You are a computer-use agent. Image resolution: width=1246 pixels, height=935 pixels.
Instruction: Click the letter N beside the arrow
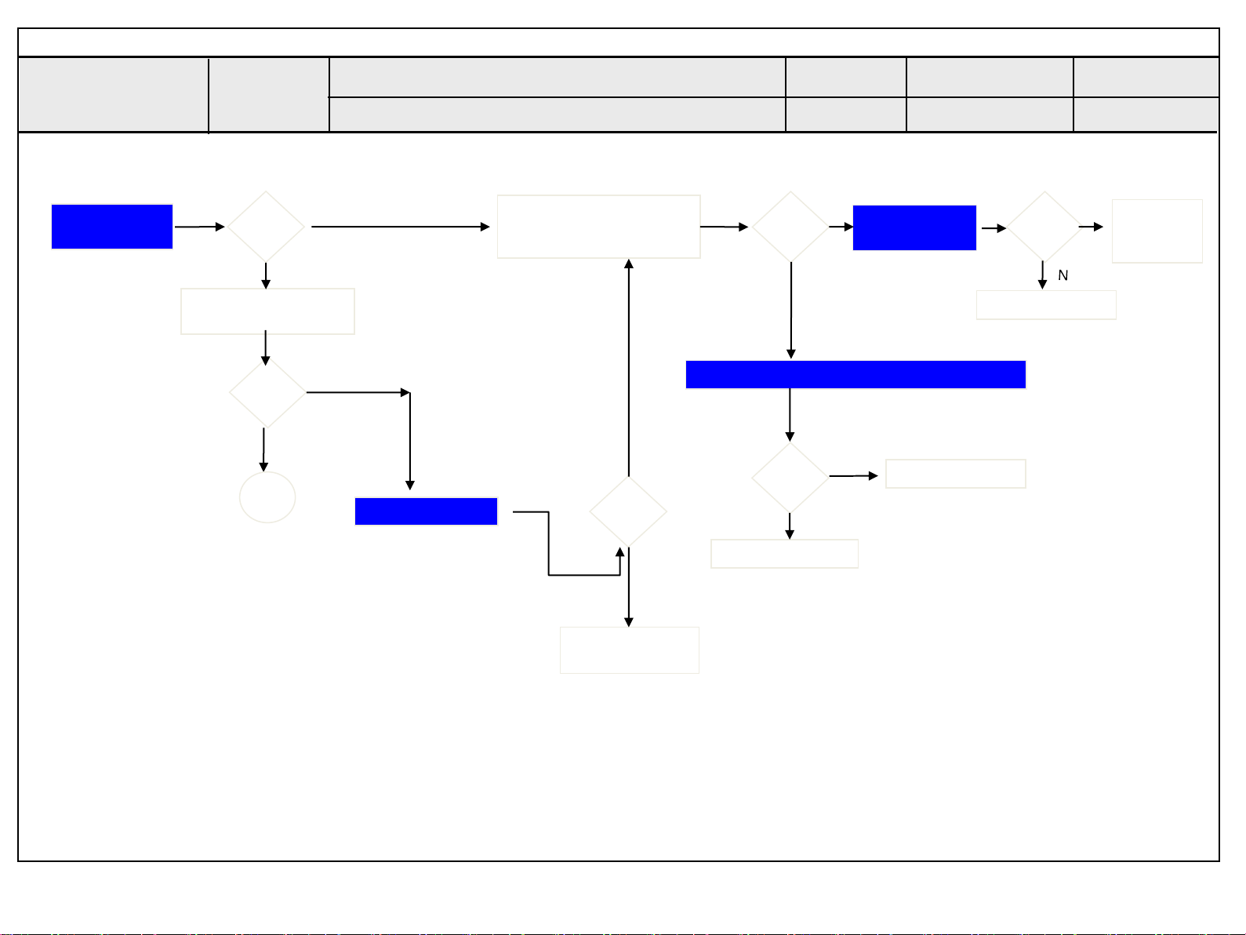[x=1063, y=275]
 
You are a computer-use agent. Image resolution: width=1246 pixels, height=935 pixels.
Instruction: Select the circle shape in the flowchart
[x=267, y=497]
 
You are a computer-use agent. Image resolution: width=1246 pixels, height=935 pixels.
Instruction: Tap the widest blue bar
[x=855, y=375]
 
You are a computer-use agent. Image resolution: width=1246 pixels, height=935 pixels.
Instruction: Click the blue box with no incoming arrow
[x=112, y=227]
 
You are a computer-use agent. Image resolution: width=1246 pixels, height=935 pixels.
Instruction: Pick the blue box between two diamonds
[x=914, y=227]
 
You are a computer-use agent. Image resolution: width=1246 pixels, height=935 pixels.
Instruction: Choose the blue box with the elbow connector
[x=426, y=511]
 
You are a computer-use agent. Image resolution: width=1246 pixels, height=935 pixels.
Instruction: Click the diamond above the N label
[x=1044, y=227]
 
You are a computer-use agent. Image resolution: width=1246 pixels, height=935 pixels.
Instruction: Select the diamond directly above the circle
[x=267, y=393]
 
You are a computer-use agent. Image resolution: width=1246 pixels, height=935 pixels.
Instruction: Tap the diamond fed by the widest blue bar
[x=790, y=477]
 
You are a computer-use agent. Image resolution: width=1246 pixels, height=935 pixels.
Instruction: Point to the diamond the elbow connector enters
[x=628, y=511]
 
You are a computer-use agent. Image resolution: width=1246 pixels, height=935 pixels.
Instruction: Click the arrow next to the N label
[x=1042, y=275]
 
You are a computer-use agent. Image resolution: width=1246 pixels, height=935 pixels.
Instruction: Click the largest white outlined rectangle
[x=598, y=227]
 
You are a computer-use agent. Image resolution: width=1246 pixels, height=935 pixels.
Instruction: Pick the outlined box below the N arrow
[x=1046, y=305]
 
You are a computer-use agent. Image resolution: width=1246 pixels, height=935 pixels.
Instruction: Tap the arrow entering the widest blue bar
[x=791, y=310]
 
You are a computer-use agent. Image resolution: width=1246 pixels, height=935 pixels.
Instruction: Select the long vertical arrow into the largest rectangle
[x=629, y=369]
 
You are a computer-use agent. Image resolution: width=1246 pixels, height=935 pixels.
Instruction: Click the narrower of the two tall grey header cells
[x=269, y=94]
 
